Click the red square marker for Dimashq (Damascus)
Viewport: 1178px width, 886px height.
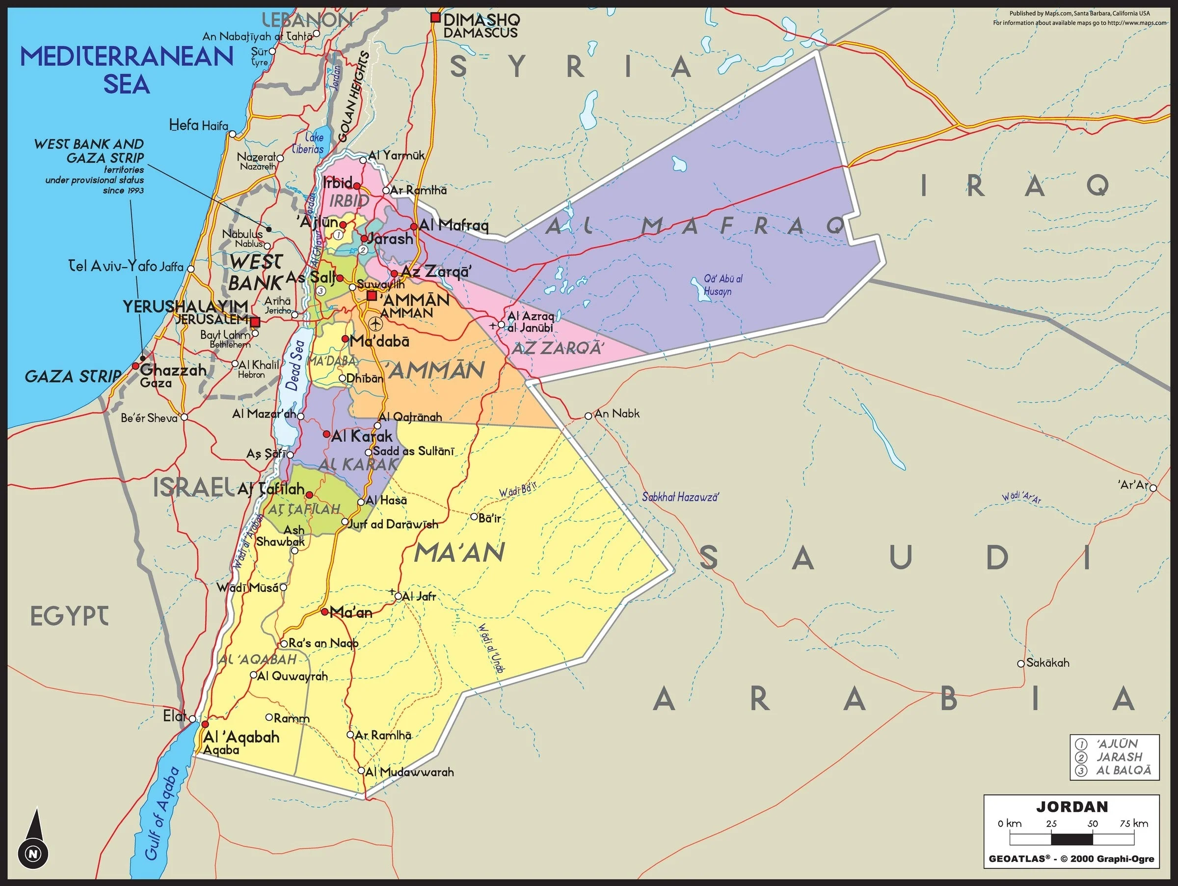point(435,18)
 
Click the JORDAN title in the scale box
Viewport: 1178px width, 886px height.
point(1071,806)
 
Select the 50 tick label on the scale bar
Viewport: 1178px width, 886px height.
point(1092,823)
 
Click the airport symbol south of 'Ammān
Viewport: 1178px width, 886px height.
point(375,323)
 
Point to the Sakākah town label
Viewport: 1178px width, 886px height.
point(1047,663)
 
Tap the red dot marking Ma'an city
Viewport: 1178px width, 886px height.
point(324,612)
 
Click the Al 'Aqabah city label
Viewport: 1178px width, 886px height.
point(241,737)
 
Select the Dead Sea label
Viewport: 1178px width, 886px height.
point(294,365)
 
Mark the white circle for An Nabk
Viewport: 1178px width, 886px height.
point(588,415)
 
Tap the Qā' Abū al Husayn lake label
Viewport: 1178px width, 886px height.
point(722,285)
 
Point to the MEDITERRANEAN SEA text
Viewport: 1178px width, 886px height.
point(127,70)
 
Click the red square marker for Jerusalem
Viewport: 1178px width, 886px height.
point(256,322)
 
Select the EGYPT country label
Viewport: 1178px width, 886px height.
point(69,616)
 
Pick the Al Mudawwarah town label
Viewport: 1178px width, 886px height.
point(409,772)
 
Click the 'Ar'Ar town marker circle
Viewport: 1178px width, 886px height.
point(1153,488)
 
